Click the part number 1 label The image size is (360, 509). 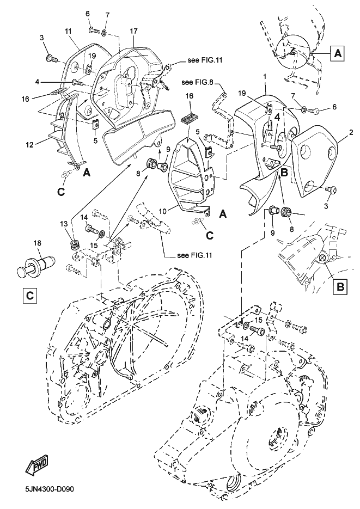click(265, 77)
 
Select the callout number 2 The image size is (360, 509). click(341, 132)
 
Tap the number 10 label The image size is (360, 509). click(163, 211)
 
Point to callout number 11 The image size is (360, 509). click(68, 31)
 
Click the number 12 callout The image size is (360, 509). click(29, 144)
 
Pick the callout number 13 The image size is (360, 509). click(64, 224)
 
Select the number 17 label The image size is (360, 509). click(133, 31)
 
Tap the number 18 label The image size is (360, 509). click(38, 243)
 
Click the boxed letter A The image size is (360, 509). click(338, 53)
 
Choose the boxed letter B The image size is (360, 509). click(340, 287)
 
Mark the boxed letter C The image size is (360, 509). click(29, 296)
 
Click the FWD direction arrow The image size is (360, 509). click(36, 465)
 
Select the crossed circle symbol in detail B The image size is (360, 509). click(322, 257)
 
